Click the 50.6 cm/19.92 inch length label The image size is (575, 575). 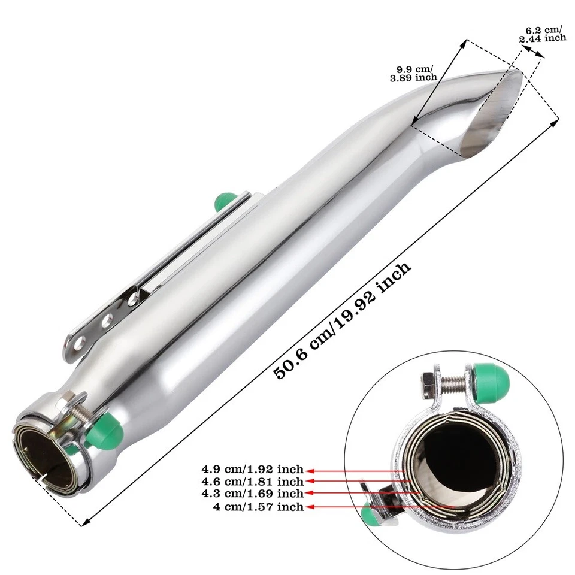tap(343, 320)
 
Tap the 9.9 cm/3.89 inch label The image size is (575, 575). tap(413, 73)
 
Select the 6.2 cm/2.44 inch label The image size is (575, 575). tap(543, 34)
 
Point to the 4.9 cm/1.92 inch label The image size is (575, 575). tap(253, 469)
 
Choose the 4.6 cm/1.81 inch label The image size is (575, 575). tap(253, 481)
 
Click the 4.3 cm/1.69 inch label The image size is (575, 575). tap(253, 493)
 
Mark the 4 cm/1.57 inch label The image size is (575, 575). tap(259, 507)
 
